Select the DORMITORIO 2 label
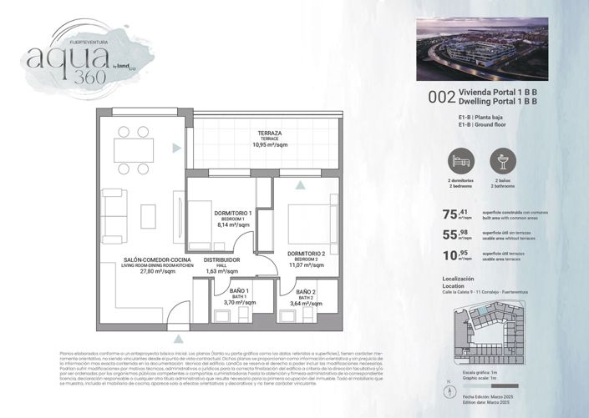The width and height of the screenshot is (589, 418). tap(306, 254)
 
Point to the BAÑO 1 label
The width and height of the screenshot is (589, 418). tap(233, 290)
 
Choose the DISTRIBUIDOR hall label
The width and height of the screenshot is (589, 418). tap(222, 260)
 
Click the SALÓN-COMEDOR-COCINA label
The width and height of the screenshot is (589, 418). tap(158, 260)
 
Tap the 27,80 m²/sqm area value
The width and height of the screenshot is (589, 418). tap(158, 271)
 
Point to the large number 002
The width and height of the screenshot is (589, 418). tap(441, 97)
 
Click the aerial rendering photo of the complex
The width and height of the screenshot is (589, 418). tap(482, 49)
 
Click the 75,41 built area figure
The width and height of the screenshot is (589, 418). tap(455, 214)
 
